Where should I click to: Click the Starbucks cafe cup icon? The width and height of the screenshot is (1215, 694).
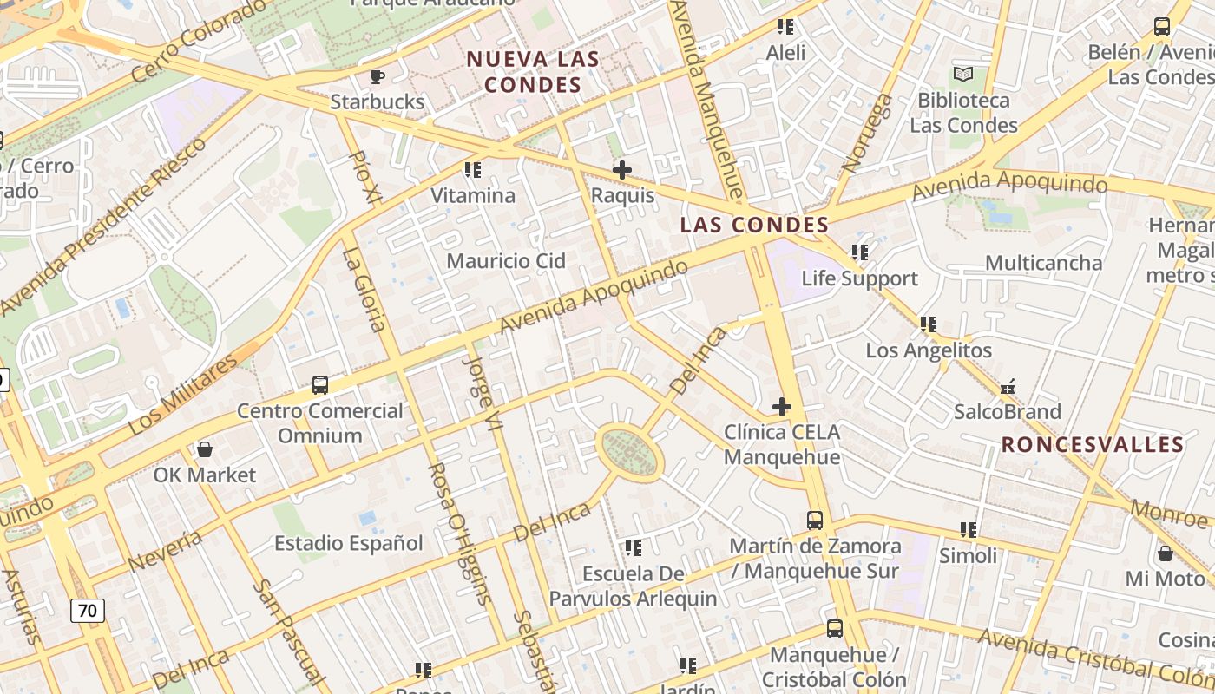pos(378,76)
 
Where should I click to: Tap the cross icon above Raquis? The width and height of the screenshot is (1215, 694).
pos(621,170)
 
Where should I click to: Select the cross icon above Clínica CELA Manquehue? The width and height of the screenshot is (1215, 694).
pos(782,406)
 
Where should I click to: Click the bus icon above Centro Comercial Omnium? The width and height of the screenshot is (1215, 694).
pos(320,384)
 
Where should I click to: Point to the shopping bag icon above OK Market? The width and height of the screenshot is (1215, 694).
pos(205,449)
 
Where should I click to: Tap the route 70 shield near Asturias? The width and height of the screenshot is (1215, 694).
pos(87,610)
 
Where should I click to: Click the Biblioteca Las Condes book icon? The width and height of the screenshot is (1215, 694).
pos(963,75)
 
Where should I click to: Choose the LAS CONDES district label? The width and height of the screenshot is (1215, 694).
pos(754,226)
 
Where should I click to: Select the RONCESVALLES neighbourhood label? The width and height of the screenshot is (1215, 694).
pos(1093,445)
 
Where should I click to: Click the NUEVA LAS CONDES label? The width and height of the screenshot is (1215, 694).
pos(533,72)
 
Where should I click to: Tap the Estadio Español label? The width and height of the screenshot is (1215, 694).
pos(349,544)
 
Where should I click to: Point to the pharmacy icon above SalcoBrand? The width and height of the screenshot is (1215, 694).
pos(1008,386)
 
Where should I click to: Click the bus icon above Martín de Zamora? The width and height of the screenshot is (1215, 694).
pos(815,520)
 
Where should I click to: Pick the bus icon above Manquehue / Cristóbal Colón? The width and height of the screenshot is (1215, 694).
pos(834,629)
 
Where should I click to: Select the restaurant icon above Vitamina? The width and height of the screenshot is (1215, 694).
pos(473,170)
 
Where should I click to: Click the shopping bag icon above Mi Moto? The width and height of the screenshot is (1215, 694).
pos(1166,553)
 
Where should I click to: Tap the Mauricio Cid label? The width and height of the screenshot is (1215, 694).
pos(506,261)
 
